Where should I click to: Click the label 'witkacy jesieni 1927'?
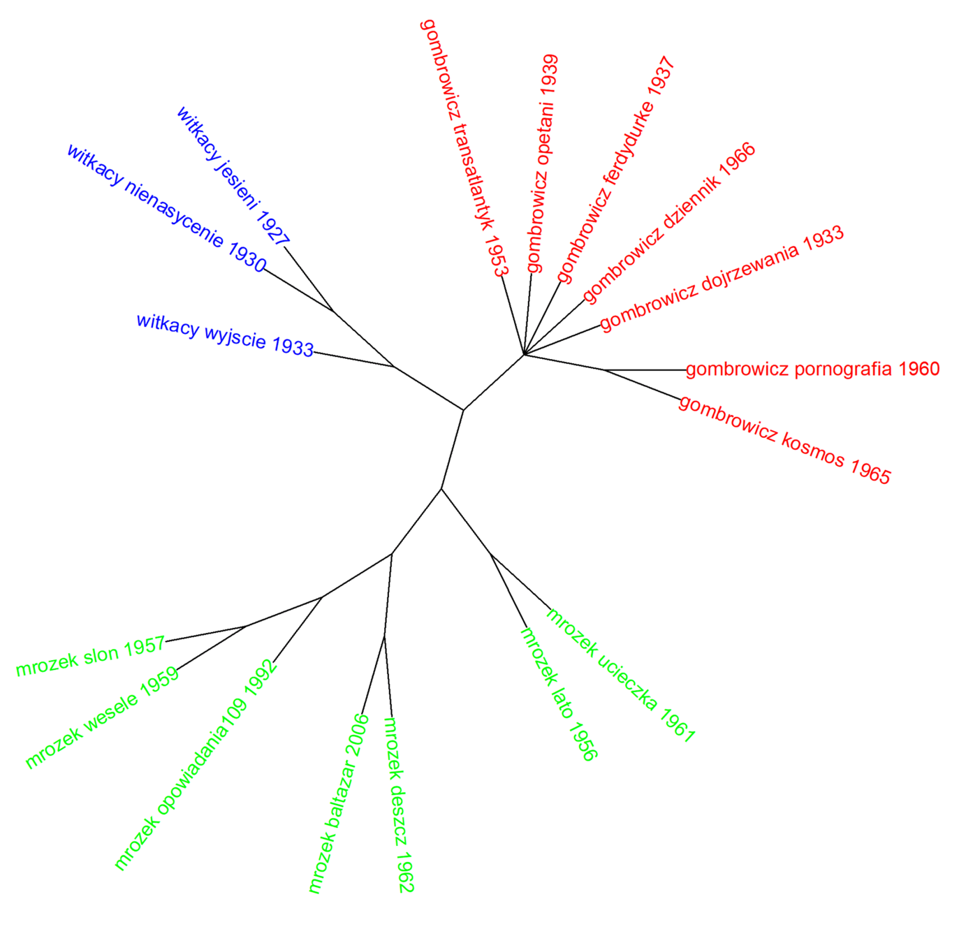[x=233, y=176]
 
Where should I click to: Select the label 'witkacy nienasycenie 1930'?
[x=166, y=208]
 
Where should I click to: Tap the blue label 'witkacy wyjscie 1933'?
[x=225, y=335]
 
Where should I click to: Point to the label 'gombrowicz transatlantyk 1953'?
[x=464, y=147]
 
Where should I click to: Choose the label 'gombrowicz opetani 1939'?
[x=543, y=163]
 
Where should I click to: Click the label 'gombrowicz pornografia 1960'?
[x=813, y=369]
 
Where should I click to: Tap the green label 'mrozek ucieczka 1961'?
[x=621, y=675]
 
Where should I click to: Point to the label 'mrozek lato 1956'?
[x=559, y=694]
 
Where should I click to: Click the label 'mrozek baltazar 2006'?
[x=339, y=803]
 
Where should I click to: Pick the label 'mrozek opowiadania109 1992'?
[x=196, y=765]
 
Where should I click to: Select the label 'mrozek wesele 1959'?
[x=102, y=718]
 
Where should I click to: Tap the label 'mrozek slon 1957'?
[x=91, y=657]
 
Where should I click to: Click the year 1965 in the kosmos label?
[x=870, y=471]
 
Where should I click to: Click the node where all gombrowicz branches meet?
[x=524, y=355]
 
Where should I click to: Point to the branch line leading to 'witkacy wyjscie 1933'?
[x=354, y=359]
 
